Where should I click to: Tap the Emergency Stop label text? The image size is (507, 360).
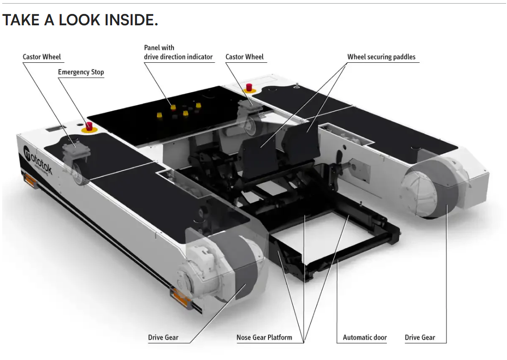pos(81,72)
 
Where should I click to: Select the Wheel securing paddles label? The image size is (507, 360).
pos(381,57)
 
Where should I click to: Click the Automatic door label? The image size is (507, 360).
pos(365,337)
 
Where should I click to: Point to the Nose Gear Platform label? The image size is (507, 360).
pos(264,337)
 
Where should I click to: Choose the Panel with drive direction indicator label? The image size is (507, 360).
pos(178,52)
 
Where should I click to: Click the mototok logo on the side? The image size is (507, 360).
pos(38,161)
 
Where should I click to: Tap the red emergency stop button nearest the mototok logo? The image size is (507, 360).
pos(89,126)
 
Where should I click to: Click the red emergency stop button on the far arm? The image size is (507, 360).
pos(249,87)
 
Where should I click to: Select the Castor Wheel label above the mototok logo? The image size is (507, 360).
pos(42,57)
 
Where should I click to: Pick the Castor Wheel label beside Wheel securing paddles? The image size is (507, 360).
pos(244,57)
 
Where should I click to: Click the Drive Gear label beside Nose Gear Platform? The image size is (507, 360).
pos(163,337)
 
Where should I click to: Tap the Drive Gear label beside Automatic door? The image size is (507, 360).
pos(420,337)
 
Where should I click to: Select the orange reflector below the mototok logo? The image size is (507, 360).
pos(29,180)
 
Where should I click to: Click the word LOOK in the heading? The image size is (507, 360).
pos(80,20)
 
